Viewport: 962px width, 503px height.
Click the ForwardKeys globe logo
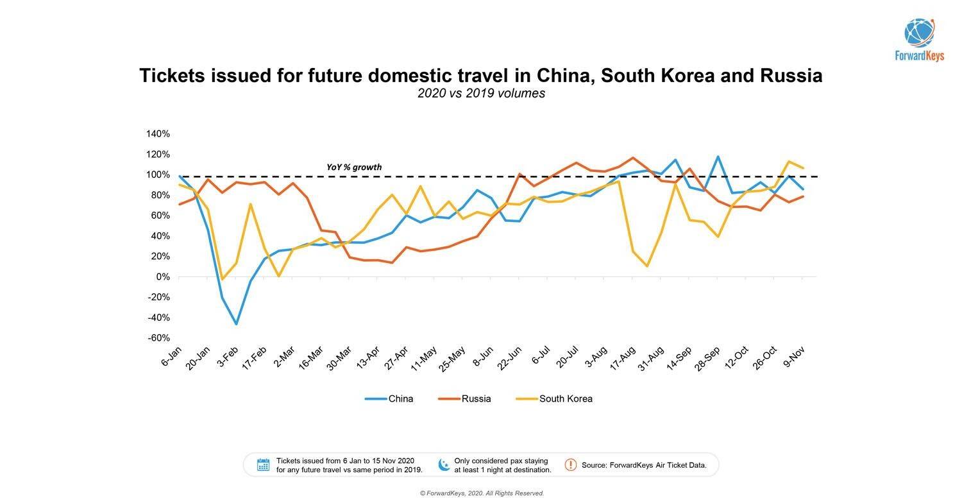click(919, 33)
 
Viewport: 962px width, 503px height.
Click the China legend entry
click(400, 398)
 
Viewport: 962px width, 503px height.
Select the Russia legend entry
click(476, 398)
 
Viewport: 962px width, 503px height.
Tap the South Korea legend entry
click(565, 398)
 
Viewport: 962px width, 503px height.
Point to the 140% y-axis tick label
click(158, 133)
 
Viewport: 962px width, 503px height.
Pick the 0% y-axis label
click(163, 277)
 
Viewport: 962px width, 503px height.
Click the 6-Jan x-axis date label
click(172, 356)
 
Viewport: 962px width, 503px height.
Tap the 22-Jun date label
click(510, 357)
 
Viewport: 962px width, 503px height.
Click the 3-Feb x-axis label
click(228, 356)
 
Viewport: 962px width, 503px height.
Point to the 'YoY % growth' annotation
click(354, 167)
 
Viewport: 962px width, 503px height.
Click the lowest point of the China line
click(236, 324)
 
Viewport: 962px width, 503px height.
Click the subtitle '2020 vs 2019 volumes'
click(481, 93)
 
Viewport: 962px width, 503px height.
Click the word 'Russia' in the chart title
click(791, 76)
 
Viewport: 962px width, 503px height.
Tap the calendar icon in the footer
click(263, 465)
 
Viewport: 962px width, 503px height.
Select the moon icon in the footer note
click(443, 465)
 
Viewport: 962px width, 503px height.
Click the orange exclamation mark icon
click(570, 465)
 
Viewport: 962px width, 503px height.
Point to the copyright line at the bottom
click(482, 493)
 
